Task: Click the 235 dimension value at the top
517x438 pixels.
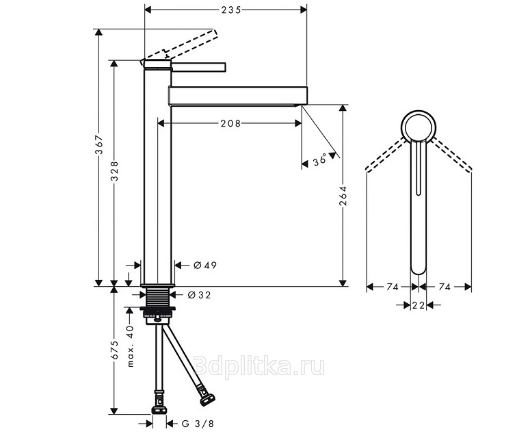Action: tap(231, 10)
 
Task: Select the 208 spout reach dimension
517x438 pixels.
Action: tap(230, 123)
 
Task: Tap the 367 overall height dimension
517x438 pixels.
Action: tap(99, 145)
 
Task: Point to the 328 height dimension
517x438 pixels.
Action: tap(114, 170)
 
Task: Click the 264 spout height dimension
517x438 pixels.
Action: tap(343, 196)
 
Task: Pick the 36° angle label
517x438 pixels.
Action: tap(319, 159)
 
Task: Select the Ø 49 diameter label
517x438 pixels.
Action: tap(205, 265)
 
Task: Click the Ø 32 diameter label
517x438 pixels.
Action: tap(199, 295)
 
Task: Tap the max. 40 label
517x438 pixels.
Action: tap(130, 346)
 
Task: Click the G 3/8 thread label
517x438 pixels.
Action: tap(198, 424)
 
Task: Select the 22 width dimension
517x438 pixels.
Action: tap(419, 306)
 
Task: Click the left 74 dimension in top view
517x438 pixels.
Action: tap(393, 287)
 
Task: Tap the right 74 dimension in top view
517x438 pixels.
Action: tap(445, 287)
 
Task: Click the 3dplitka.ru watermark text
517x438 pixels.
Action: tap(259, 366)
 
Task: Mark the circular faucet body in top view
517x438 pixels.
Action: tap(419, 111)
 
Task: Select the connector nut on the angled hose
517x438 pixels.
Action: tap(207, 399)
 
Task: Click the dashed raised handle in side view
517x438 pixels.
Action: tap(180, 46)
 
